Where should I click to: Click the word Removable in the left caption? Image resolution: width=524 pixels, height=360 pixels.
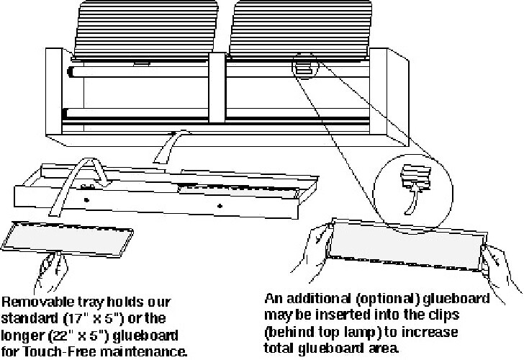click(38, 302)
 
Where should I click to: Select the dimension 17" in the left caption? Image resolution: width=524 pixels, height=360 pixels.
click(76, 318)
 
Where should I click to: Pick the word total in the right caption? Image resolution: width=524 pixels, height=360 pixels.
click(279, 348)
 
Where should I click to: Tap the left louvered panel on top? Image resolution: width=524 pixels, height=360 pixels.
click(145, 31)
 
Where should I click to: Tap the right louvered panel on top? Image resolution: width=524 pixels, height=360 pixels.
click(300, 30)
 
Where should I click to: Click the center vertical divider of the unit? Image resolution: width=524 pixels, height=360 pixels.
click(217, 88)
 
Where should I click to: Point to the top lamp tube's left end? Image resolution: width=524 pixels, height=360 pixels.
click(70, 72)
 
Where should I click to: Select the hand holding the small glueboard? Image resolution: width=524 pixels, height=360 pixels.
click(51, 271)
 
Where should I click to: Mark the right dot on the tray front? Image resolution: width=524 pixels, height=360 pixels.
click(220, 206)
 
